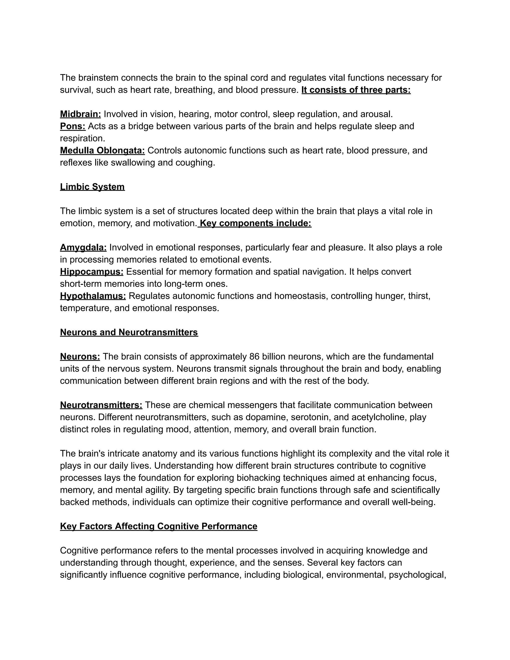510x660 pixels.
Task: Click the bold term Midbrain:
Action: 80,114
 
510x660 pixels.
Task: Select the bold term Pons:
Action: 73,126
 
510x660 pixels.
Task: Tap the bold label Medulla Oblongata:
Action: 102,150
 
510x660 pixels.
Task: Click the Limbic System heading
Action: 92,187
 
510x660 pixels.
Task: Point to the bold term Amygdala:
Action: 83,248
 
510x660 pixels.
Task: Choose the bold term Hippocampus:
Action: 92,272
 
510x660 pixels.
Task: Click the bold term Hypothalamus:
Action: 93,296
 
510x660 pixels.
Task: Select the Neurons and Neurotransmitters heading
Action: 129,332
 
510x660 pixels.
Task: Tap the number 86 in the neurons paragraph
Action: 255,357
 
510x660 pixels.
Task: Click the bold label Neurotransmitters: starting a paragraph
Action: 101,405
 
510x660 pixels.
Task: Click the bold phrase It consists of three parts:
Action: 356,90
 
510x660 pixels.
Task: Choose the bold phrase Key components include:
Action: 255,223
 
